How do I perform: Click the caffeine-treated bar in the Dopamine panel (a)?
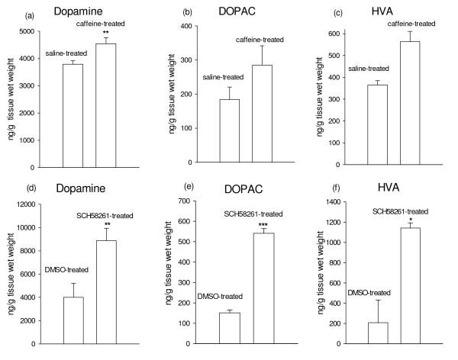(105, 105)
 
